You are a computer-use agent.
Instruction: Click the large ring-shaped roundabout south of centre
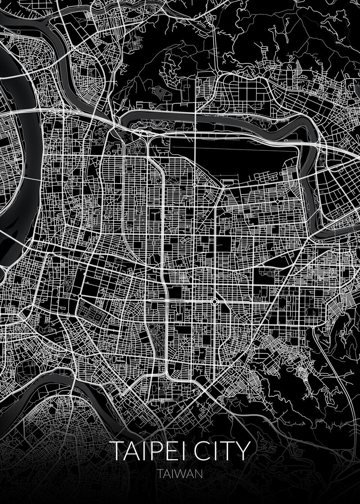tap(214, 301)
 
